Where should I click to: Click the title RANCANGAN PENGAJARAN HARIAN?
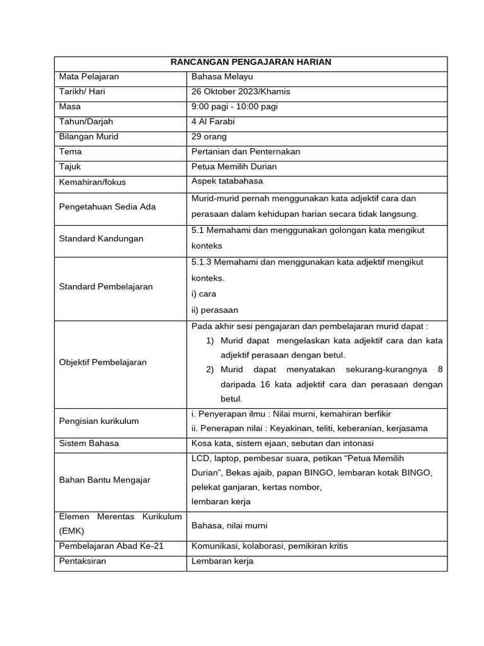coord(251,62)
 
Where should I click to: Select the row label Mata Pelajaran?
coord(89,77)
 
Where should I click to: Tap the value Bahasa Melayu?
coord(222,77)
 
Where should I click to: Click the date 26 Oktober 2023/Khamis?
coord(241,91)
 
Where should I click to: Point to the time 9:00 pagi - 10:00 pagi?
coord(234,107)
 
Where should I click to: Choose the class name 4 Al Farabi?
coord(213,122)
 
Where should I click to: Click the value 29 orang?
coord(209,137)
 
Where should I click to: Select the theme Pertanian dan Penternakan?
coord(246,152)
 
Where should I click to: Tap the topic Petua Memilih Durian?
coord(234,167)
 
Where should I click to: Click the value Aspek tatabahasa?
coord(228,182)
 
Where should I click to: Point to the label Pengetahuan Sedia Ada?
coord(107,207)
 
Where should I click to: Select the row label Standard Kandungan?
coord(101,238)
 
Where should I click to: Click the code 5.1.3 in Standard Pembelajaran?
coord(202,262)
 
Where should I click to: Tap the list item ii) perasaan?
coord(215,310)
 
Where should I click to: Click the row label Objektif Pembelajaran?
coord(103,362)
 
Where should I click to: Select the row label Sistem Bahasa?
coord(89,443)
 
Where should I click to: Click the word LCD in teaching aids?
coord(200,458)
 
